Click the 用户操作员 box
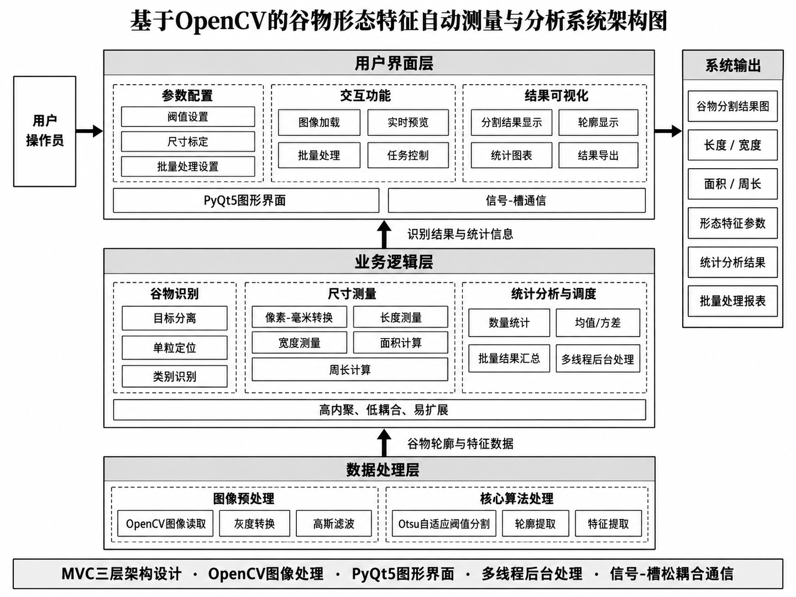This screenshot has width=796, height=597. [45, 131]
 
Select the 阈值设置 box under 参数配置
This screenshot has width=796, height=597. [188, 117]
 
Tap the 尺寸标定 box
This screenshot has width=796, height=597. [188, 141]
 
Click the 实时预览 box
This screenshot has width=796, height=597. [408, 123]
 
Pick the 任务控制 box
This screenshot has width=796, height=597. [408, 155]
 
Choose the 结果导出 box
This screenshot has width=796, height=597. [598, 155]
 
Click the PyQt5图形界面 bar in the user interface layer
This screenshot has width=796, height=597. [246, 200]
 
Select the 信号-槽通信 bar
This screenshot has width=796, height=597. [517, 200]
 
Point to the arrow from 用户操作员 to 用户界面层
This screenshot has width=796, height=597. [90, 131]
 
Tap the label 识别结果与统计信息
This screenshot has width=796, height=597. [460, 234]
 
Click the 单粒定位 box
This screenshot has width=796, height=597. [174, 347]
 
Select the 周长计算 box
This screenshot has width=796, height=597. [350, 369]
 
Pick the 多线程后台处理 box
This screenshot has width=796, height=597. [598, 359]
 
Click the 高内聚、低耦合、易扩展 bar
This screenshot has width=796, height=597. [380, 410]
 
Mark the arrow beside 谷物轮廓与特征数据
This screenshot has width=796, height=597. [384, 443]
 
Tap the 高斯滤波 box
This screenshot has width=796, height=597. [334, 523]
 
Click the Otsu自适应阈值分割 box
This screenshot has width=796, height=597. [444, 523]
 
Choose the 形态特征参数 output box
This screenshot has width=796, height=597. [733, 223]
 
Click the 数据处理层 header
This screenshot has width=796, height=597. [379, 469]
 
